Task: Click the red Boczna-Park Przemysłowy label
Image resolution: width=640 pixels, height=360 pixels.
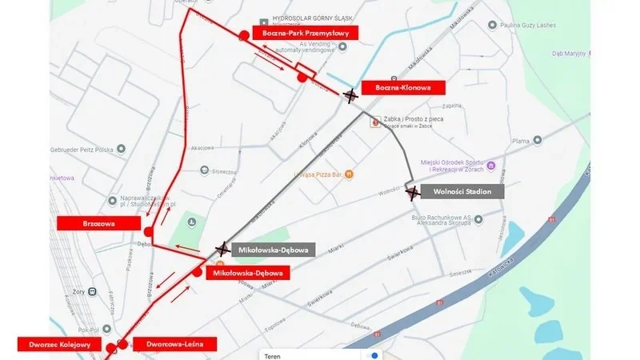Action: [304, 32]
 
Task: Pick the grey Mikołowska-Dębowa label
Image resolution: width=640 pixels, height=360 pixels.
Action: [274, 250]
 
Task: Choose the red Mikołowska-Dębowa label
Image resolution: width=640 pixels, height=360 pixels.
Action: [246, 273]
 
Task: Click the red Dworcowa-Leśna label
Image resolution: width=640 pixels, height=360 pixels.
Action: [175, 344]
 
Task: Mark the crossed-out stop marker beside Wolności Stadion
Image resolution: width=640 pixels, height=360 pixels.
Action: [412, 193]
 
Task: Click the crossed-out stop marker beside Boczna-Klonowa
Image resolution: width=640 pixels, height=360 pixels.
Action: [350, 96]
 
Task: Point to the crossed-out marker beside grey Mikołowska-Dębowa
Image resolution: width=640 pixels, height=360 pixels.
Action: [222, 250]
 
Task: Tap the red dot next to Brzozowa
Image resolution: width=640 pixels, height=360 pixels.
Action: [148, 231]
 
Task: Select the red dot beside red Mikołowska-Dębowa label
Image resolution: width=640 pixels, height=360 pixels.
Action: [198, 272]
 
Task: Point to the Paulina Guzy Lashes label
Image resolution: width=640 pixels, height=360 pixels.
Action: [548, 25]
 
